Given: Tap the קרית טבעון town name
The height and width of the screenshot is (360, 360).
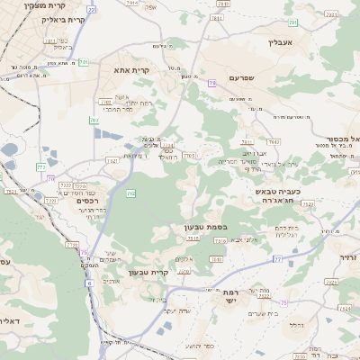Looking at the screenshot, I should pyautogui.click(x=148, y=272).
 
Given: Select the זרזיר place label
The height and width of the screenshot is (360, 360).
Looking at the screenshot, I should pyautogui.click(x=348, y=257).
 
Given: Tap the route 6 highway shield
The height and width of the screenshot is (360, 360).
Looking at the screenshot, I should pyautogui.click(x=89, y=283).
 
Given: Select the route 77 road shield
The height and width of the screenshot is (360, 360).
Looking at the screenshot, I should pyautogui.click(x=277, y=259).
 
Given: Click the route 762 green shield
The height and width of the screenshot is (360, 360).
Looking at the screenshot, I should pyautogui.click(x=131, y=193).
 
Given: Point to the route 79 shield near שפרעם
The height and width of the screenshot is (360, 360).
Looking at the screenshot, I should pyautogui.click(x=211, y=83).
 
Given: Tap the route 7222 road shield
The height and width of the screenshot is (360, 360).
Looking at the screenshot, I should pyautogui.click(x=66, y=185).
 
